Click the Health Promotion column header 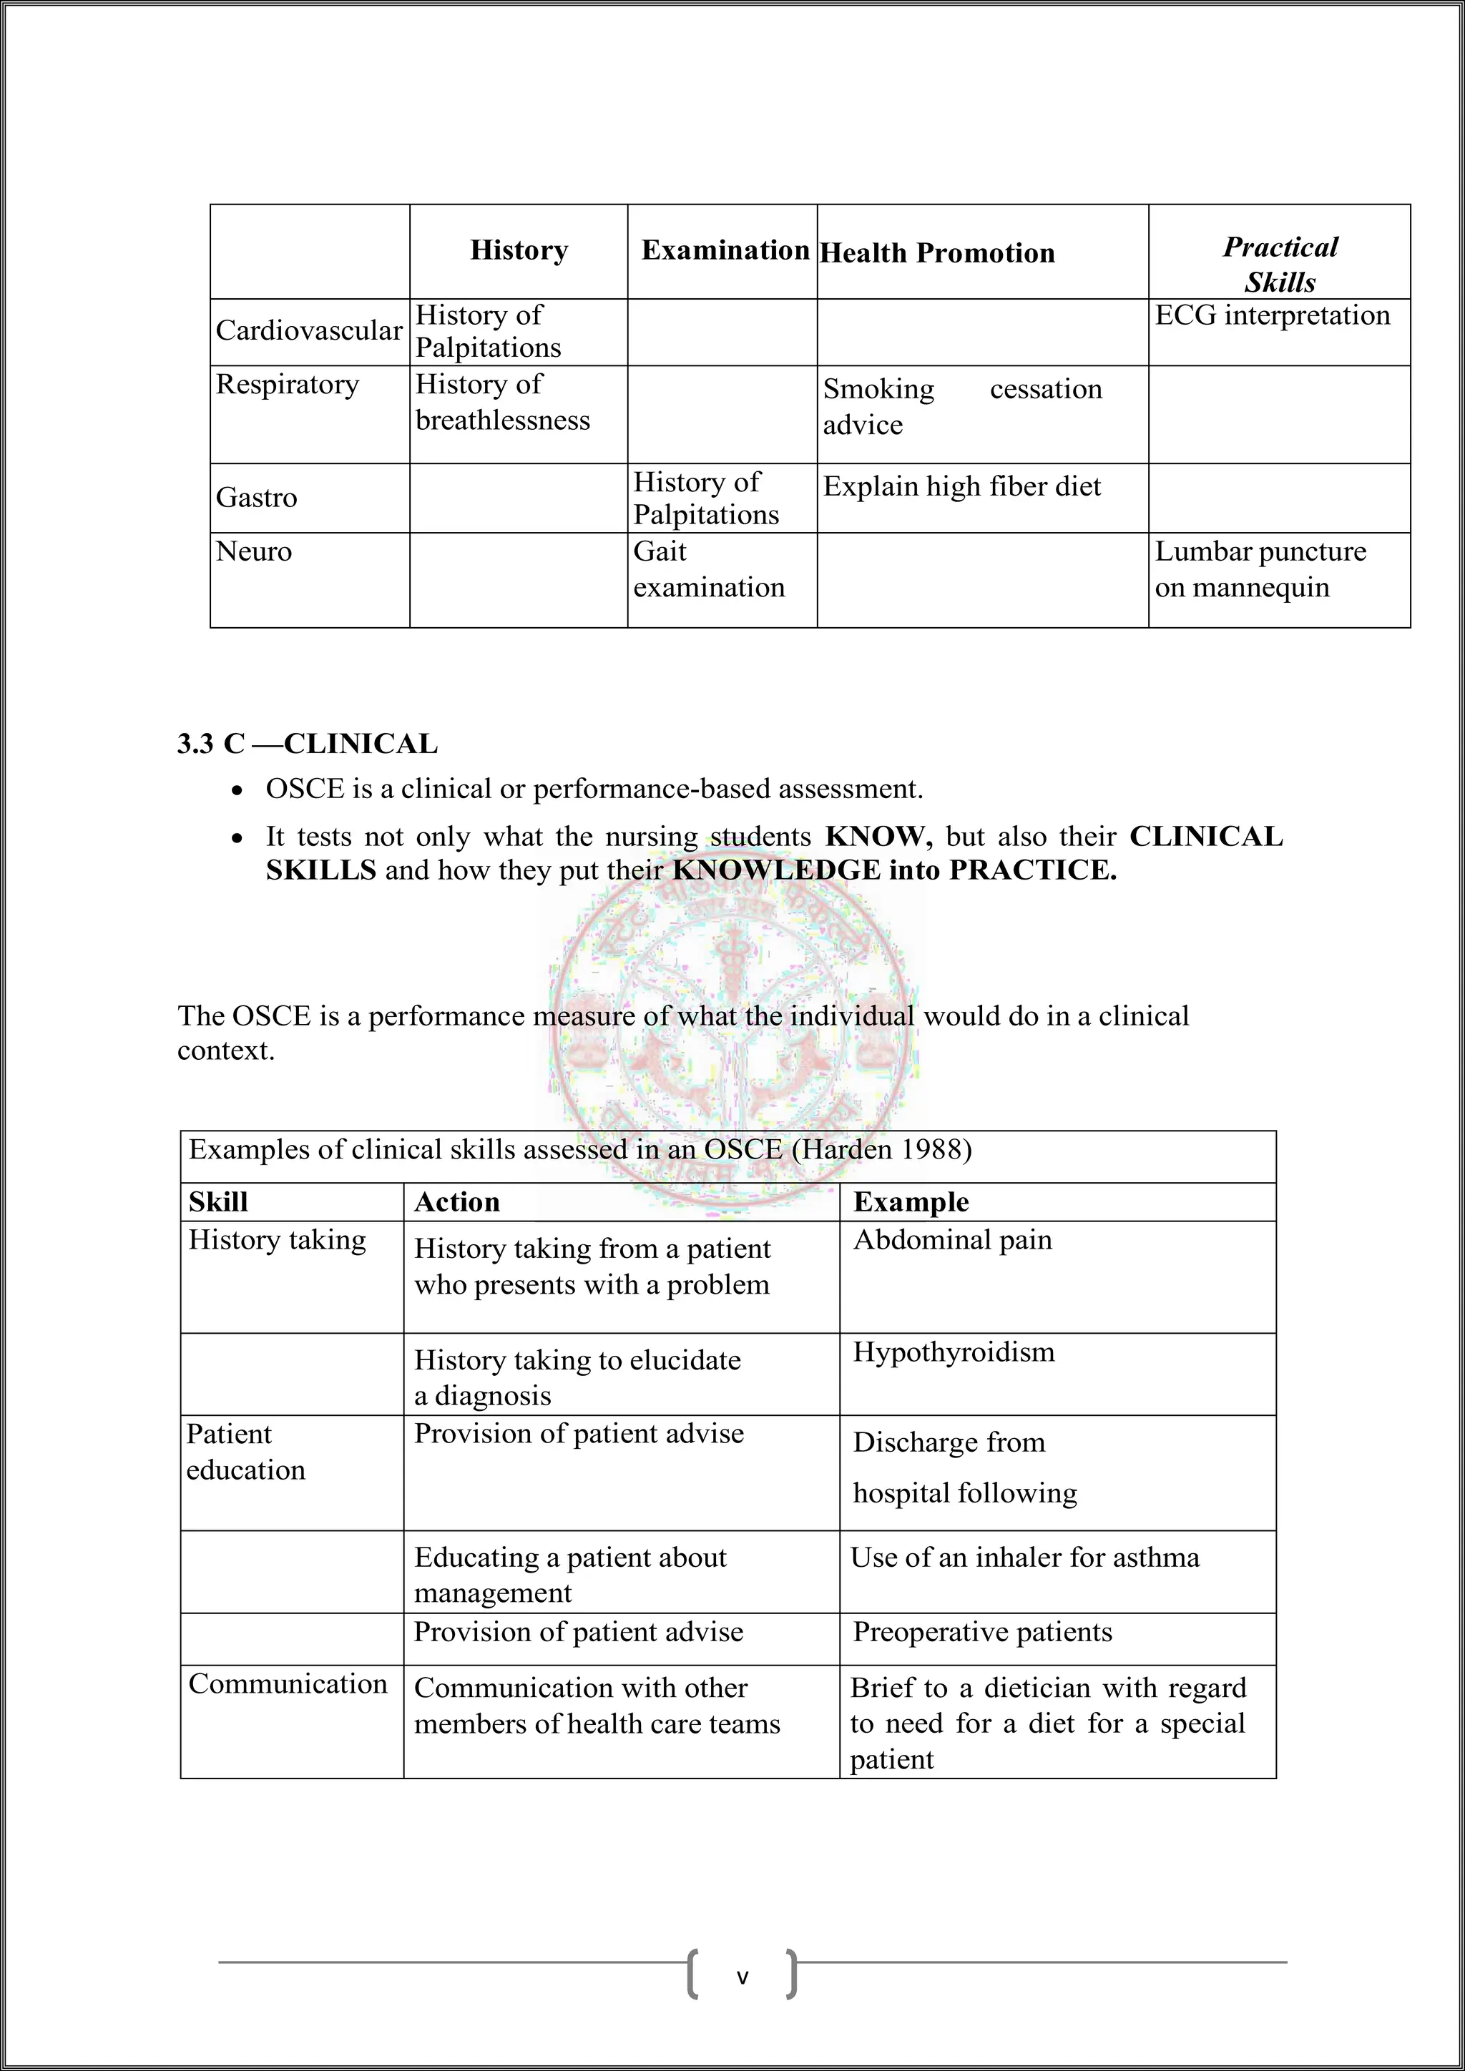point(936,253)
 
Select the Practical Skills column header point(1279,265)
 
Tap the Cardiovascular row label point(308,331)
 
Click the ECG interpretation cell point(1272,315)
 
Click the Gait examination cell point(708,569)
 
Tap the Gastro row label point(256,498)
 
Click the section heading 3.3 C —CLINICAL point(307,744)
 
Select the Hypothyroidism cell point(954,1352)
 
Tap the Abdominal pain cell point(953,1240)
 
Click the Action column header point(456,1202)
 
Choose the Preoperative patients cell point(982,1632)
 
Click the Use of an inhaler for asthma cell point(1025,1558)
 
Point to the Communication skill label point(288,1684)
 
